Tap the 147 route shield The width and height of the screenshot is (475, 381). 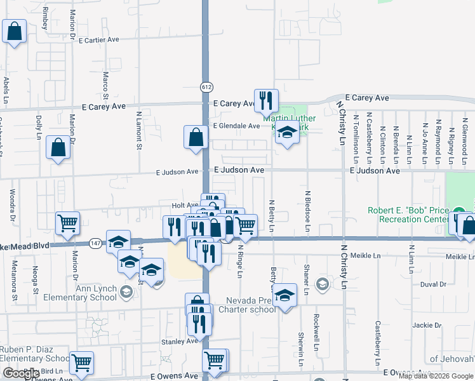[x=95, y=243]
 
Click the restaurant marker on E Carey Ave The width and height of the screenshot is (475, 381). [x=266, y=100]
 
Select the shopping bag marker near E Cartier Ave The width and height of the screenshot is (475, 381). [x=14, y=31]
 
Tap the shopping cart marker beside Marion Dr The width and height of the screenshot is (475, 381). [x=67, y=223]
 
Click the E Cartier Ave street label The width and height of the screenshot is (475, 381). [x=100, y=39]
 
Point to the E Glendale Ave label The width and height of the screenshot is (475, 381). [x=236, y=126]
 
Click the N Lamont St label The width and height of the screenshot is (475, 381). [x=139, y=131]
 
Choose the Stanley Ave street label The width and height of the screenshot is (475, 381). [x=179, y=341]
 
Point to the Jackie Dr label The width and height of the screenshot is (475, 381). [x=427, y=324]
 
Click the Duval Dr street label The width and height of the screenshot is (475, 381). [x=433, y=284]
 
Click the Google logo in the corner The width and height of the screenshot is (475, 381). [x=21, y=373]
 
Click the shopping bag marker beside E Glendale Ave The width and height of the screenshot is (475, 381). [x=196, y=137]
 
